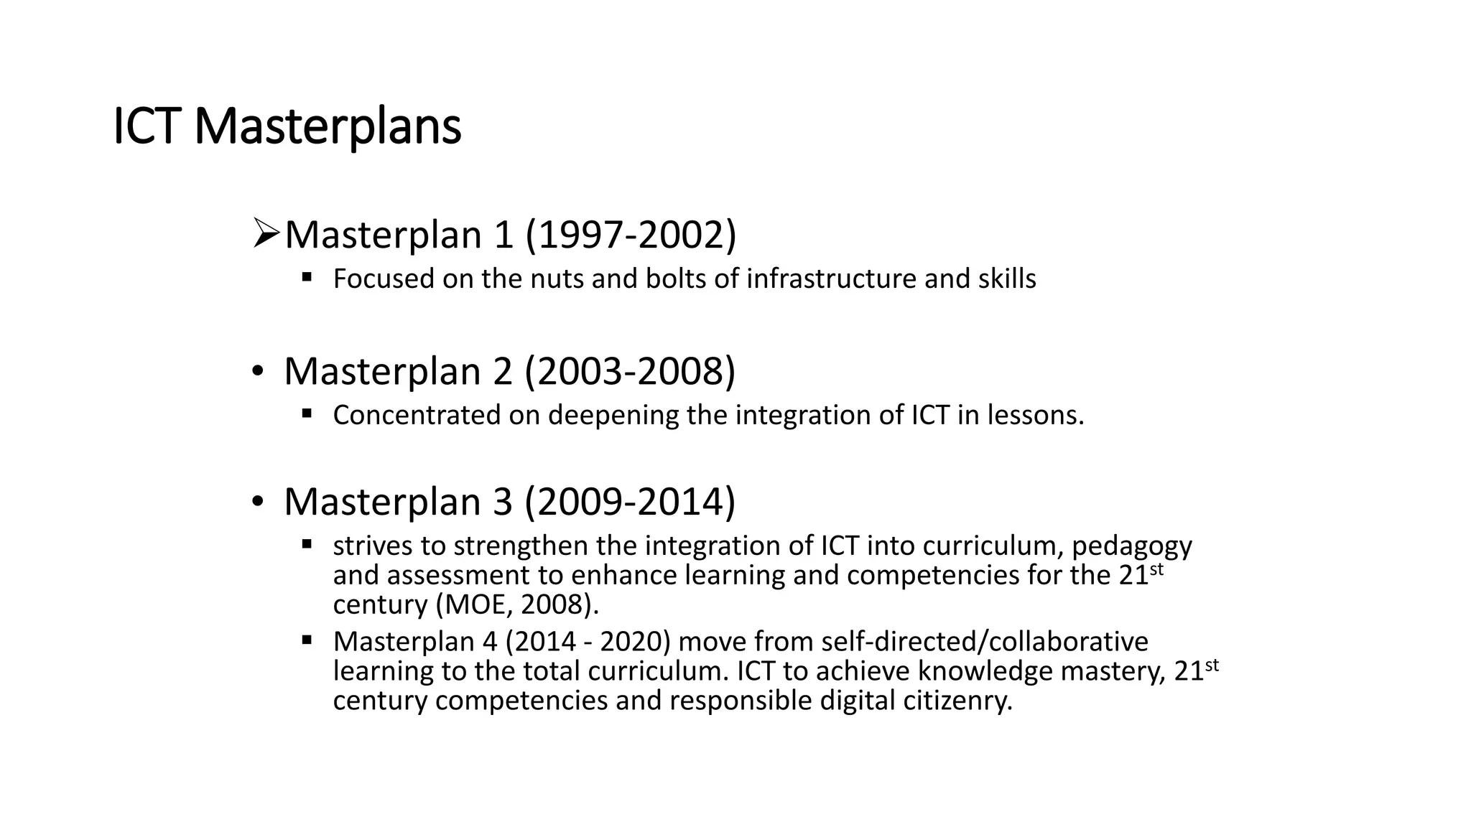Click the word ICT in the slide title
[x=146, y=126]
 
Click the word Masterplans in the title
[x=328, y=128]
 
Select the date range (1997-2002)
[x=631, y=235]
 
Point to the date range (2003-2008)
[x=630, y=371]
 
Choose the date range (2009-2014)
[x=630, y=501]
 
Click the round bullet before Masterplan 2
[x=257, y=372]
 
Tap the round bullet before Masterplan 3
[x=257, y=502]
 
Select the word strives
[x=372, y=546]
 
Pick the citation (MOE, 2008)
[x=516, y=605]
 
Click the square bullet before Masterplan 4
[x=307, y=639]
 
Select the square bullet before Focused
[x=307, y=276]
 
